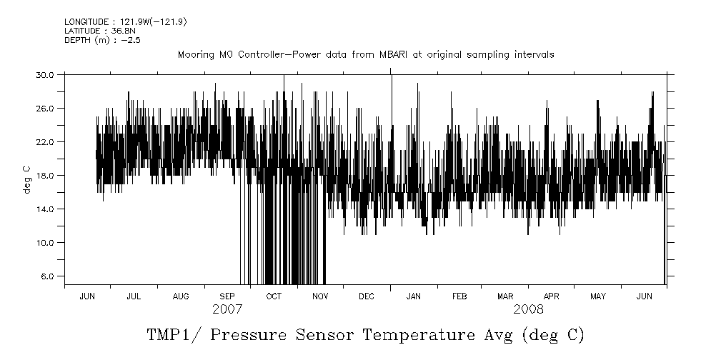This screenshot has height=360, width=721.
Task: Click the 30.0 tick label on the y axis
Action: [x=46, y=74]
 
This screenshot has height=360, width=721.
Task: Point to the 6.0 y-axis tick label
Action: [x=48, y=276]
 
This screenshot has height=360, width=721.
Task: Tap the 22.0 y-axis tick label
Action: [x=46, y=141]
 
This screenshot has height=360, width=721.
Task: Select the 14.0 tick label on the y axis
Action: [x=46, y=209]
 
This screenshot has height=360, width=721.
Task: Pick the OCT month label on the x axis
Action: [x=274, y=296]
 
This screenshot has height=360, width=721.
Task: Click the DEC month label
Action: [x=366, y=296]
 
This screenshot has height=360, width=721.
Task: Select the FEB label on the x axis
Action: [x=459, y=296]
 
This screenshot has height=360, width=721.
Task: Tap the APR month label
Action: [x=552, y=296]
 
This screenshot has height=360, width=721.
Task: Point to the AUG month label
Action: [x=182, y=296]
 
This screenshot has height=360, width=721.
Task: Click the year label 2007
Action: [x=227, y=310]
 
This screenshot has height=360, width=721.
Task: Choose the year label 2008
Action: [x=528, y=310]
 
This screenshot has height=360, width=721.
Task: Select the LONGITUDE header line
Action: [x=116, y=22]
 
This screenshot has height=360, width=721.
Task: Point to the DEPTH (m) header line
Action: [x=93, y=40]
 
